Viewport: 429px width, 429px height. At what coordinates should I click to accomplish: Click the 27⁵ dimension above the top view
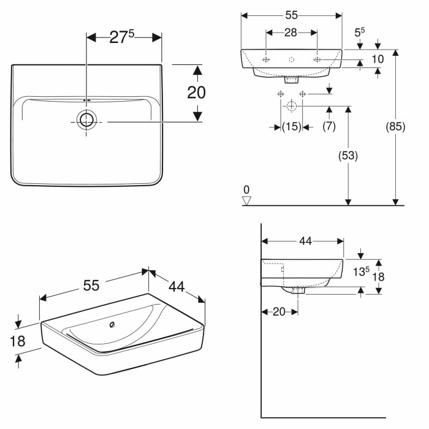point(122,37)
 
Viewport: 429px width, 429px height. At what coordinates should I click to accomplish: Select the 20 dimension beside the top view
point(196,93)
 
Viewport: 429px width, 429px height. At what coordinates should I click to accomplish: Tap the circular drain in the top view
point(87,120)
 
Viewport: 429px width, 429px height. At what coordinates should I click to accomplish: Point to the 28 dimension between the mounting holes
point(290,32)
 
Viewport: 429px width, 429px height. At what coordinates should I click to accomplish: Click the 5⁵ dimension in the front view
point(360,31)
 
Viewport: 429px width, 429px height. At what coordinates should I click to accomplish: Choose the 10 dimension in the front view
point(378,59)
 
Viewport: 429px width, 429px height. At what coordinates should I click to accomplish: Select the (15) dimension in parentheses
point(291,126)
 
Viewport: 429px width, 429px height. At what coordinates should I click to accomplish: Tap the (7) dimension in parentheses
point(330,126)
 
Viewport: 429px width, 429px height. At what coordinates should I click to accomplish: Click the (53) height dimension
point(347,156)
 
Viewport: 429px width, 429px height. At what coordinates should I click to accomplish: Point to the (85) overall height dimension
point(396,127)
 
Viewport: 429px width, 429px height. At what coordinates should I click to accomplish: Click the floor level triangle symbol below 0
point(247,200)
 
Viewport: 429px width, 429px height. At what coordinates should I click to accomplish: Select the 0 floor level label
point(247,189)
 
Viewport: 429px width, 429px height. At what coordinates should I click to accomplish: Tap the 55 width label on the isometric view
point(91,285)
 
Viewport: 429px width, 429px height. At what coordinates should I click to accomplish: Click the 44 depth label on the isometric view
point(177,286)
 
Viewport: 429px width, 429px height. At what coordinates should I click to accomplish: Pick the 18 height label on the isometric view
point(18,341)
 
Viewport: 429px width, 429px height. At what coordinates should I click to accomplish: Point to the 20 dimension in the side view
point(279,312)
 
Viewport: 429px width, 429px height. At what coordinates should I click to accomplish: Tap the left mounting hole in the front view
point(266,59)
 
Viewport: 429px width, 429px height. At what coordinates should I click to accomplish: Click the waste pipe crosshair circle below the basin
point(291,107)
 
